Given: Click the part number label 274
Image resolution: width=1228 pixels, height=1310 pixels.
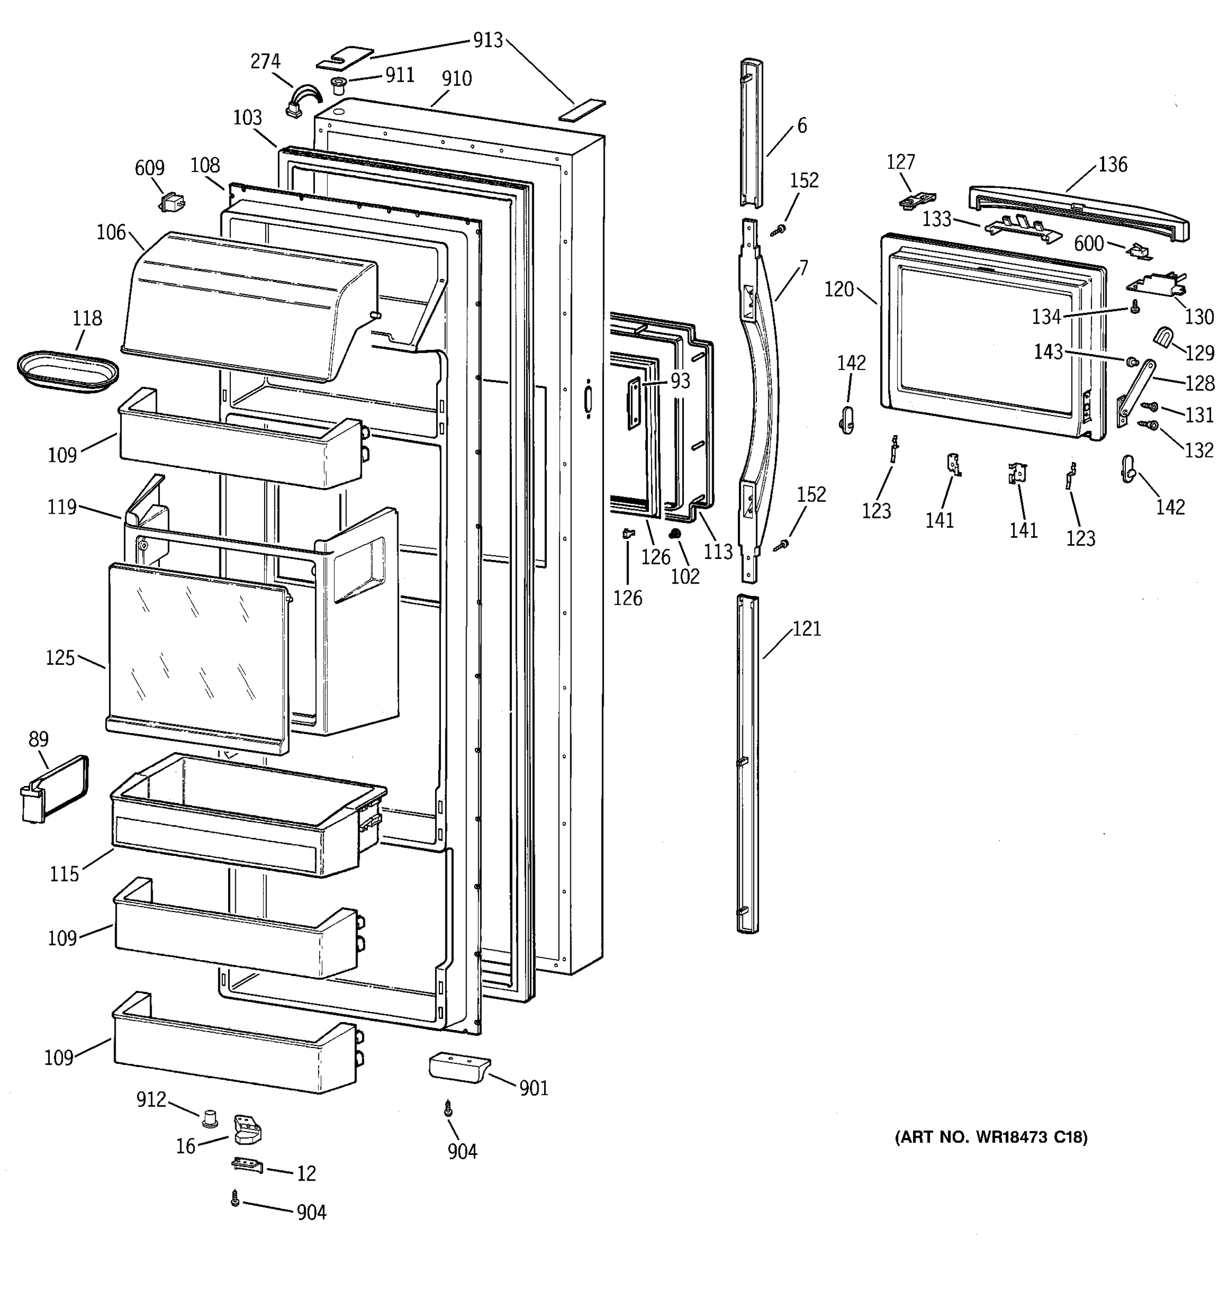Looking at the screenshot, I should (265, 61).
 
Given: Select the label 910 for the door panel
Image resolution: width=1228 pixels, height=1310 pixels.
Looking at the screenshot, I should (457, 79).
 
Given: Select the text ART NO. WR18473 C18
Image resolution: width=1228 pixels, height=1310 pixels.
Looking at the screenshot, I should (991, 1136).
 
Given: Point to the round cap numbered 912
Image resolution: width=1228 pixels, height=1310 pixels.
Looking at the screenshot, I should (211, 1116).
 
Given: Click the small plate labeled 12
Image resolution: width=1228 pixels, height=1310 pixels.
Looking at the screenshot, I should (247, 1166).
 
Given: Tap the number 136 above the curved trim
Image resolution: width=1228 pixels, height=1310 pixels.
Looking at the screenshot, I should (1113, 164).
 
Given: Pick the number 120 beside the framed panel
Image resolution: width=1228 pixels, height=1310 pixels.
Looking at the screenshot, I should (839, 289).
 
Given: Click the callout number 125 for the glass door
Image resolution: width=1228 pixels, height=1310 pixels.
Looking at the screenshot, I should (60, 658).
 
